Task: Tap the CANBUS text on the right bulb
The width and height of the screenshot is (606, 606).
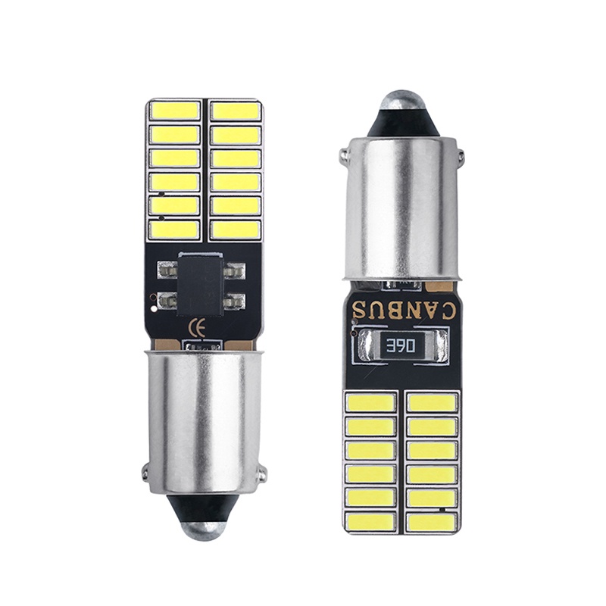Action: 405,310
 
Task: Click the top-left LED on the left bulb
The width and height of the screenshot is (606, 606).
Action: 174,110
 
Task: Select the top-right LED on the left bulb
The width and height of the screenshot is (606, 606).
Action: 236,110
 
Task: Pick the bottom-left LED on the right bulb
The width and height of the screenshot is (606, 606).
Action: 370,521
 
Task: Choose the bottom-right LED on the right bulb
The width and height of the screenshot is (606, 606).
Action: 432,521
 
